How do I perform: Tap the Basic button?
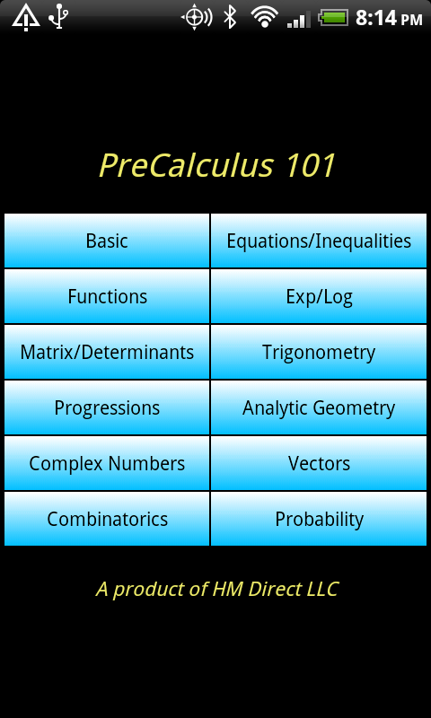tap(107, 241)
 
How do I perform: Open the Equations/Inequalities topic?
tap(319, 241)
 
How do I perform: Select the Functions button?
tap(107, 296)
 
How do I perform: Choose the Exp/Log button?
tap(319, 296)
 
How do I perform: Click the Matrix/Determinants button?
tap(107, 352)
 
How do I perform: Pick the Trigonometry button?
tap(319, 352)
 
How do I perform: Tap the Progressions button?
tap(107, 407)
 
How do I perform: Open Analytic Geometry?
tap(319, 407)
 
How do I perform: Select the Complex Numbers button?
tap(107, 463)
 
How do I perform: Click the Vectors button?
tap(319, 463)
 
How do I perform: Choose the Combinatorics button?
tap(107, 519)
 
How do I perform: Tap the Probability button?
tap(319, 519)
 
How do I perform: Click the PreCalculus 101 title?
tap(217, 165)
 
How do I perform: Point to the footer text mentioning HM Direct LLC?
tap(216, 590)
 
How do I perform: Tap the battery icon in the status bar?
tap(334, 18)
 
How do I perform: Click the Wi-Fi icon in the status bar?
tap(265, 17)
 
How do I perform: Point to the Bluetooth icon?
tap(230, 17)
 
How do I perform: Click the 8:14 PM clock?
tap(389, 18)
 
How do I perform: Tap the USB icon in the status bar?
tap(58, 18)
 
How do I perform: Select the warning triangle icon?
tap(26, 18)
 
